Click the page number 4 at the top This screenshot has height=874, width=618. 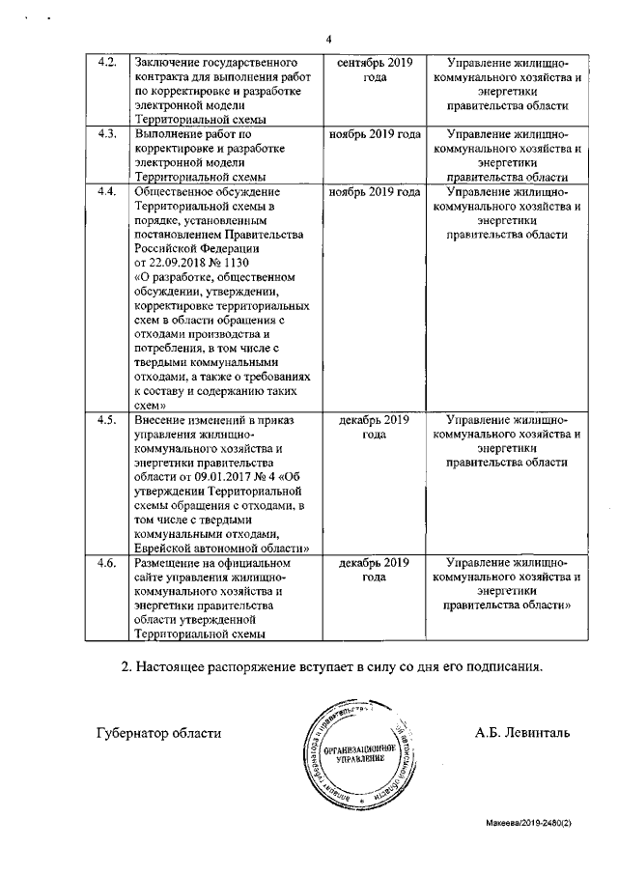(x=328, y=40)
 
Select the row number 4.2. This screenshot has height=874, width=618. (x=108, y=63)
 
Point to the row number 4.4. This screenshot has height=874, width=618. (x=108, y=192)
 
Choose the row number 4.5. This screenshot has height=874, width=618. (x=108, y=420)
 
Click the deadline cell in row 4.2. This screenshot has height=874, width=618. (x=375, y=70)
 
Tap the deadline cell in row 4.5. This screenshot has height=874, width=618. (x=375, y=427)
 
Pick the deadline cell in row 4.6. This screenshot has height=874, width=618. (x=375, y=569)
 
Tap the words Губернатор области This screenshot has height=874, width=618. (x=159, y=732)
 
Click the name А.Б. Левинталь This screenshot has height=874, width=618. (x=521, y=732)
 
